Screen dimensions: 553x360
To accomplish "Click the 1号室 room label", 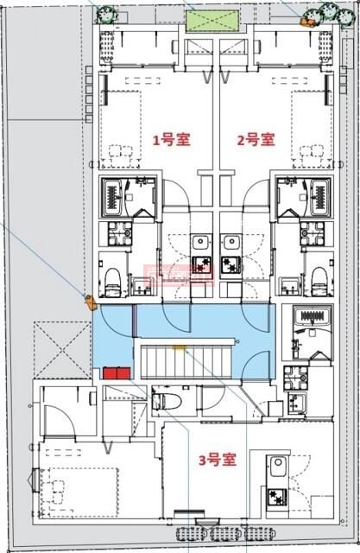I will pos(171,138).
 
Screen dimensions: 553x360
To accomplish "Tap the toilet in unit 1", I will pos(114,275).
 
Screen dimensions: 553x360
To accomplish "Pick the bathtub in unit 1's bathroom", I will pos(114,199).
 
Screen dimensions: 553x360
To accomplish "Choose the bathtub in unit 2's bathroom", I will pos(317,199).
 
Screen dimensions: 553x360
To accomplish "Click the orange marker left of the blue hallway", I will pos(89,301).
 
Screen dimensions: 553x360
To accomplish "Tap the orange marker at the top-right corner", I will pos(305,17).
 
